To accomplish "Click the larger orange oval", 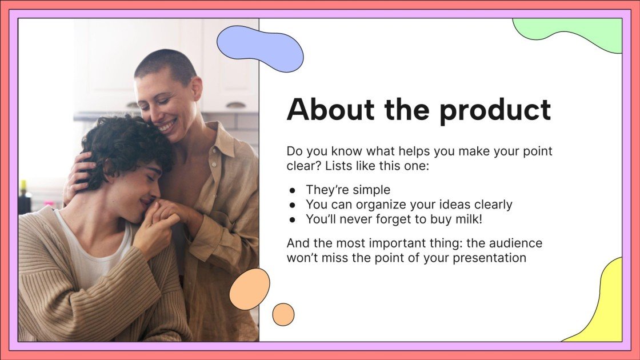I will tap(250, 289).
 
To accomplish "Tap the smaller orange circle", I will tap(283, 314).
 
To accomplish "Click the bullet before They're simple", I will tap(293, 190).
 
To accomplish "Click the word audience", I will tap(515, 243).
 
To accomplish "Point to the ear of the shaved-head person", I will tap(195, 90).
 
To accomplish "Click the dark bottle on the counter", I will tap(25, 199).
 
